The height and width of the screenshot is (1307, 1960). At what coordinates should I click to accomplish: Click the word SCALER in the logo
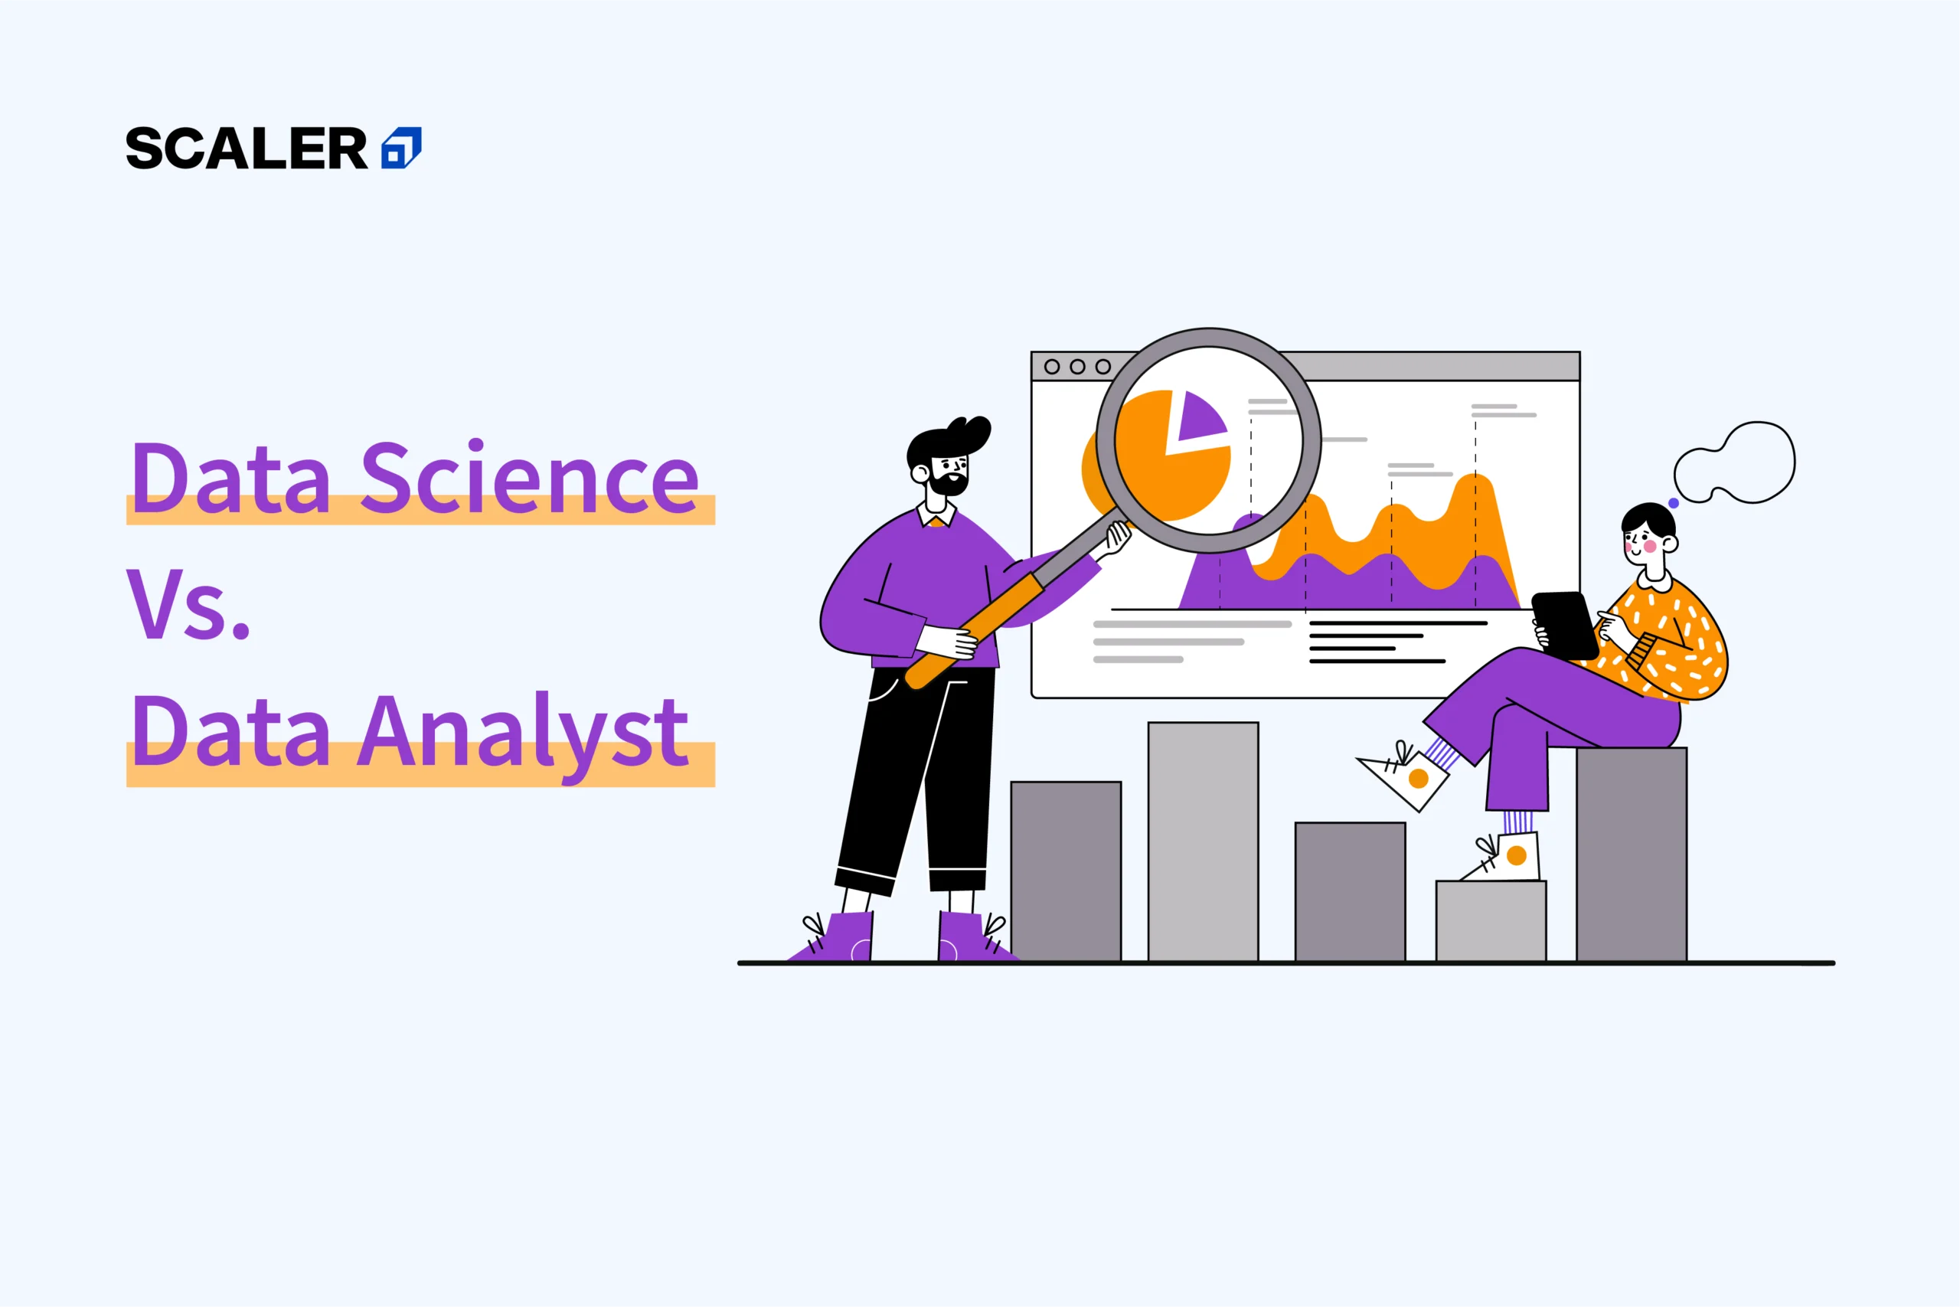point(247,149)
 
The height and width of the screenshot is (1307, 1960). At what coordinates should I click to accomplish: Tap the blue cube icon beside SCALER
point(401,149)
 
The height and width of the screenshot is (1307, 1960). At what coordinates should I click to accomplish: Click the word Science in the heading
point(529,477)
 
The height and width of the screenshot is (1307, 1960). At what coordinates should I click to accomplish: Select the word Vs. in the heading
point(188,604)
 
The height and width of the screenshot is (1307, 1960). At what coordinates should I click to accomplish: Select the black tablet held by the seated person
point(1564,624)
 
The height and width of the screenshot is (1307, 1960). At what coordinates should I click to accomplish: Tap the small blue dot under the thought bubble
point(1674,504)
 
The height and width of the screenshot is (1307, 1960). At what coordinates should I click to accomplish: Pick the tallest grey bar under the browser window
point(1204,842)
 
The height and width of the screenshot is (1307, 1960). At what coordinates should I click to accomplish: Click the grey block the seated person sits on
point(1632,854)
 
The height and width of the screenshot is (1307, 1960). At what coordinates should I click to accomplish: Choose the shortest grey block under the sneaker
point(1491,921)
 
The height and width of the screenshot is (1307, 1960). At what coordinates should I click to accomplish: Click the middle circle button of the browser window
point(1077,367)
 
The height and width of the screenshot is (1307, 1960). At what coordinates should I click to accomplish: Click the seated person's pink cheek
point(1649,546)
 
